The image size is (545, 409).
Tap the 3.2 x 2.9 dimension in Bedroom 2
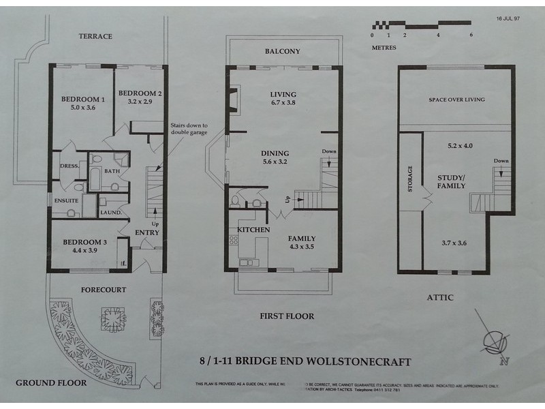pos(139,102)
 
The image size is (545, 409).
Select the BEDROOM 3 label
pos(84,242)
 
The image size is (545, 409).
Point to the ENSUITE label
pos(67,201)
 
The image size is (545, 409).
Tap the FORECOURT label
pos(103,290)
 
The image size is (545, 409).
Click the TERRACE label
pos(95,36)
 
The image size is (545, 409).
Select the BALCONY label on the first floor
pos(282,51)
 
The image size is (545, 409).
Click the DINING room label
pos(275,153)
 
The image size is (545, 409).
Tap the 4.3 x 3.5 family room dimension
pos(300,248)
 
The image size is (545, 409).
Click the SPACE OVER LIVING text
pos(456,100)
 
